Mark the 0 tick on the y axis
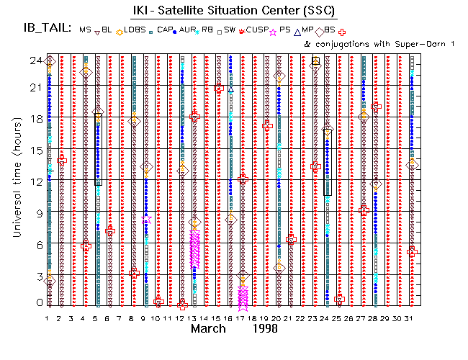point(37,302)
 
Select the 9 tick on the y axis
point(37,211)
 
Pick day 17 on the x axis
point(241,318)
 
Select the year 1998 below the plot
point(269,329)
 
